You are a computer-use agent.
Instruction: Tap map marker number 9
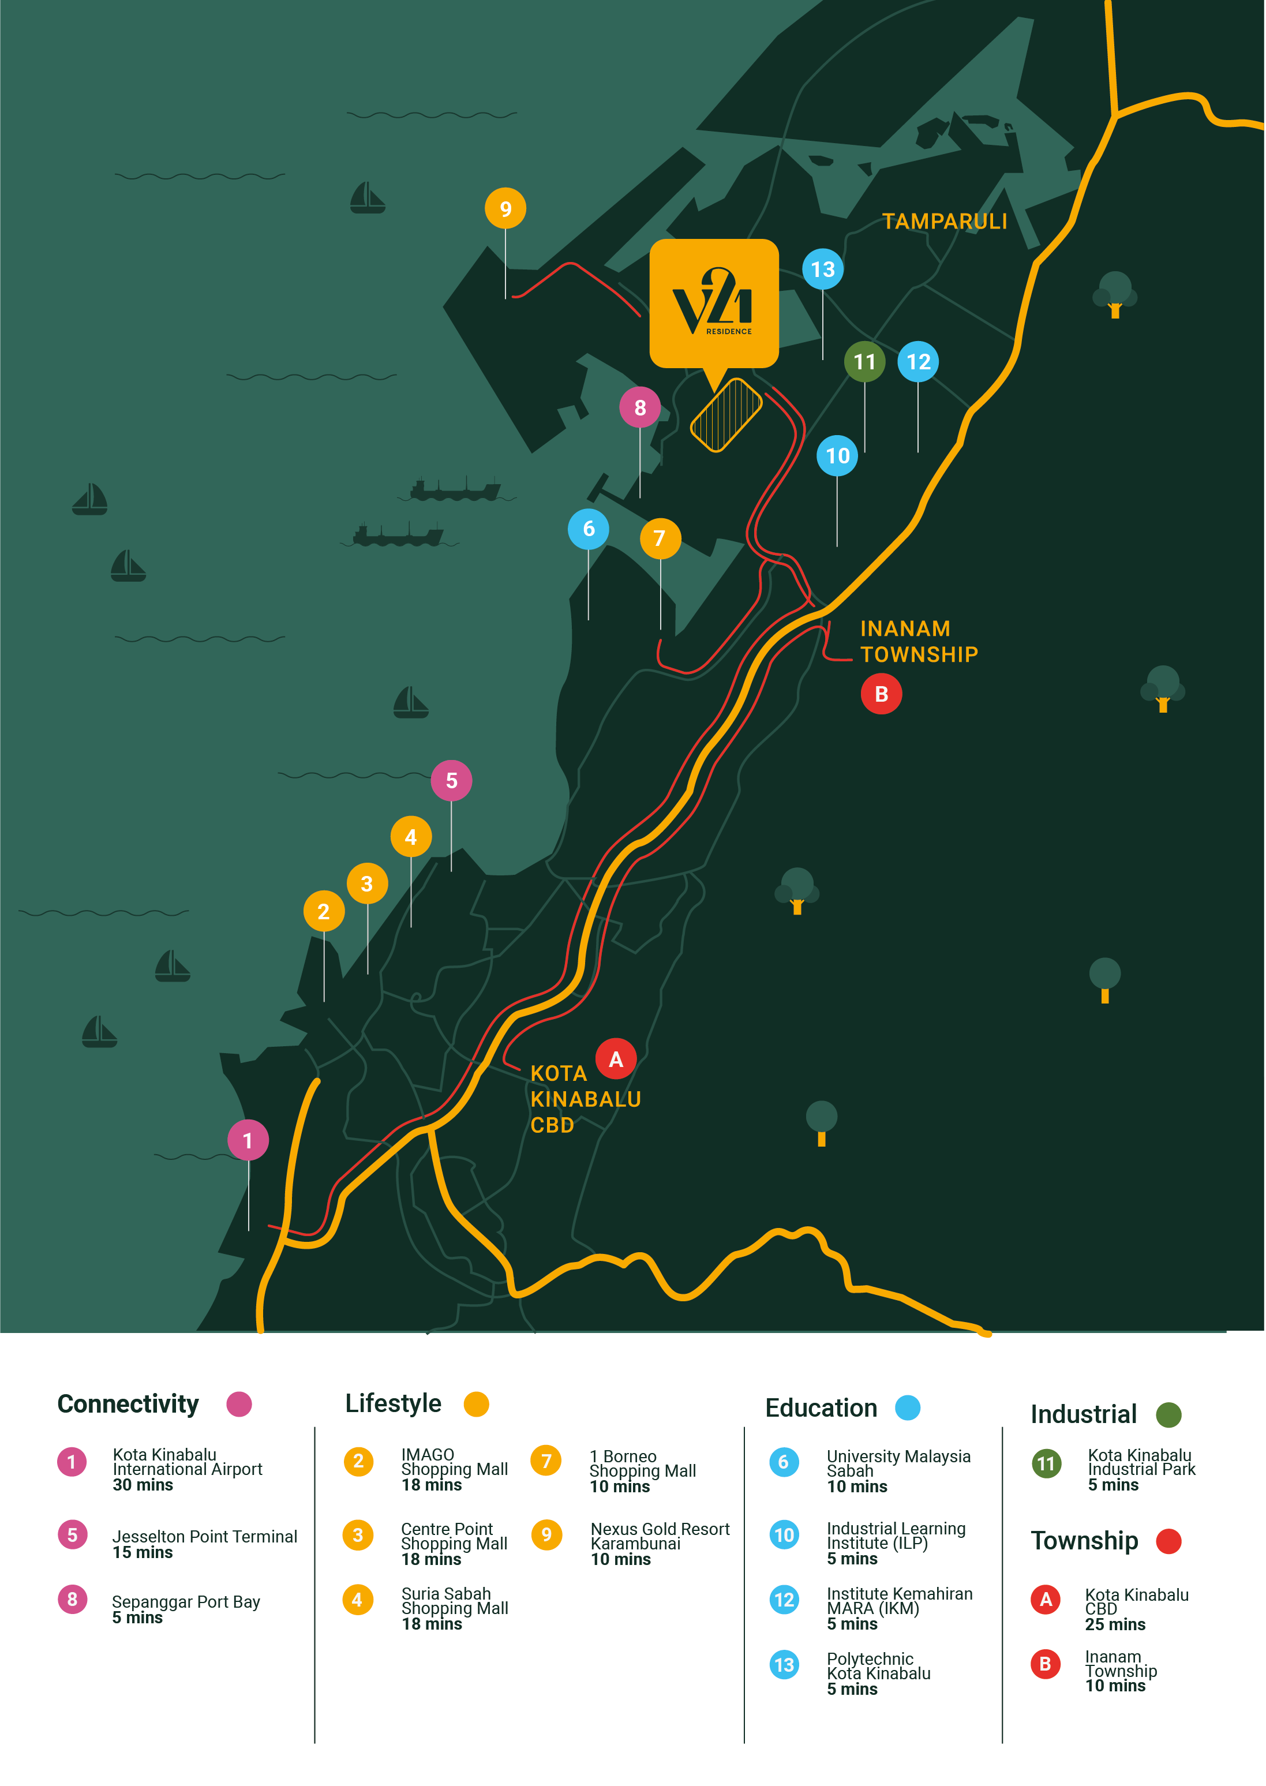pyautogui.click(x=505, y=208)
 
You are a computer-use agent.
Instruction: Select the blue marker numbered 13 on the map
pyautogui.click(x=822, y=269)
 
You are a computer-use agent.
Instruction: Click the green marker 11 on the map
pyautogui.click(x=864, y=362)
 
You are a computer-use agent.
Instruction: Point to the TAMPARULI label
pyautogui.click(x=944, y=222)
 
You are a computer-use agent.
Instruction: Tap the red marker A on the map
pyautogui.click(x=616, y=1059)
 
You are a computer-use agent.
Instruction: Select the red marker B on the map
pyautogui.click(x=881, y=694)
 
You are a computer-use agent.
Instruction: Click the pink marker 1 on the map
pyautogui.click(x=248, y=1140)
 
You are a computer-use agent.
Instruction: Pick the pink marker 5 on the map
pyautogui.click(x=451, y=780)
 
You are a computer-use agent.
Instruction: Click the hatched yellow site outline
pyautogui.click(x=726, y=415)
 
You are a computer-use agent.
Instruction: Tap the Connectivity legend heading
pyautogui.click(x=128, y=1404)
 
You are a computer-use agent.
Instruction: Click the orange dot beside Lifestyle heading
pyautogui.click(x=475, y=1404)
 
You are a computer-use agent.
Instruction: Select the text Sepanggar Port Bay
pyautogui.click(x=186, y=1601)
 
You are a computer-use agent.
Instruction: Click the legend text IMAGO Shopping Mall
pyautogui.click(x=454, y=1462)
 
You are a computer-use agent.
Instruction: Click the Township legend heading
pyautogui.click(x=1084, y=1540)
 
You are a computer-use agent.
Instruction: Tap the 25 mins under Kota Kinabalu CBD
pyautogui.click(x=1115, y=1624)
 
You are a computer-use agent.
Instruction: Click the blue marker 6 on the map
pyautogui.click(x=589, y=529)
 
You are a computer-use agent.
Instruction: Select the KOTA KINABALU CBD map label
pyautogui.click(x=585, y=1099)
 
